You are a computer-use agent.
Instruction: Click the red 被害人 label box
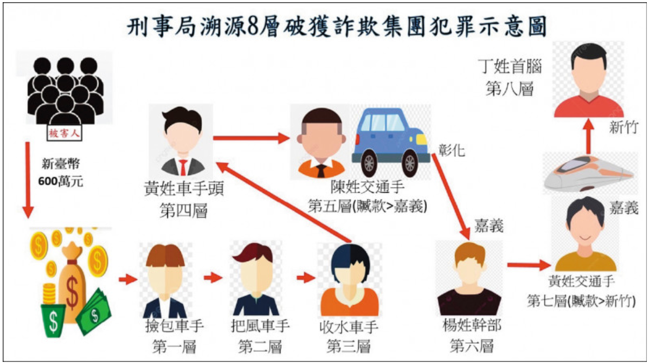tap(65, 133)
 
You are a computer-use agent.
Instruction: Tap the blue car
tap(390, 142)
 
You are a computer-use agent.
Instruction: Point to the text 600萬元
tap(61, 181)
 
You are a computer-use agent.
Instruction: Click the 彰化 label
tap(452, 150)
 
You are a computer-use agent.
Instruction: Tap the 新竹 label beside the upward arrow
tap(624, 127)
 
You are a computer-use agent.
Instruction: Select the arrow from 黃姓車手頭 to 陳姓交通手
tap(251, 138)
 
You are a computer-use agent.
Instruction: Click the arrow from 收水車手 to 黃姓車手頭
tap(283, 202)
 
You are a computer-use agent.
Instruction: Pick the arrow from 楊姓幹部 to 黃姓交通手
tap(529, 265)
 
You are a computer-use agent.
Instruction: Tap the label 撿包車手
tap(174, 326)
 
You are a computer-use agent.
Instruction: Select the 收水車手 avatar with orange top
tap(350, 280)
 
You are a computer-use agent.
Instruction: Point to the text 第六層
tap(472, 346)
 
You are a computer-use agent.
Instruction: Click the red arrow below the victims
tap(28, 180)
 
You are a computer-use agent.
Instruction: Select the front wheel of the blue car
tap(410, 163)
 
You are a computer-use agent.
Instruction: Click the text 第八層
tap(510, 89)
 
